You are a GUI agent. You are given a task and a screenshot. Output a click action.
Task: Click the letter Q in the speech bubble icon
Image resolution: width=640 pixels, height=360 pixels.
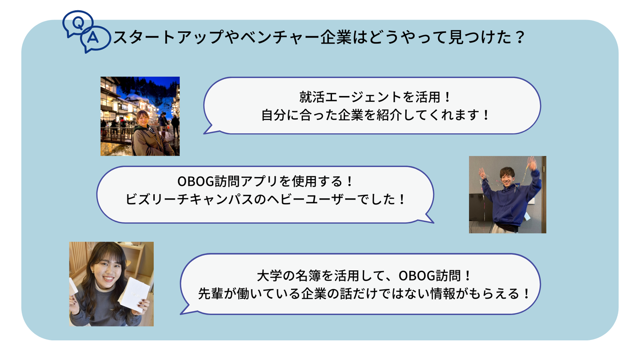pyautogui.click(x=78, y=23)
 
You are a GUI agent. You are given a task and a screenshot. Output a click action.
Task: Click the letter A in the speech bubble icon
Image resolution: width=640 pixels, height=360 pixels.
pyautogui.click(x=92, y=38)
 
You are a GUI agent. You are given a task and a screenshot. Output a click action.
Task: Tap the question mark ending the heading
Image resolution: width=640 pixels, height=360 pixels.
pyautogui.click(x=520, y=37)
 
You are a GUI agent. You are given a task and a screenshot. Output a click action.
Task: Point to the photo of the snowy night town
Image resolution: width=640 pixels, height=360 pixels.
pyautogui.click(x=140, y=116)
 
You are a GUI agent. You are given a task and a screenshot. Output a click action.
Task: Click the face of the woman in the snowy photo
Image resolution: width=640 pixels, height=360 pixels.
pyautogui.click(x=143, y=118)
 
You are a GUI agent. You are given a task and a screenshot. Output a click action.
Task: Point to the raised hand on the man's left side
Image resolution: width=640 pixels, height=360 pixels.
pyautogui.click(x=483, y=173)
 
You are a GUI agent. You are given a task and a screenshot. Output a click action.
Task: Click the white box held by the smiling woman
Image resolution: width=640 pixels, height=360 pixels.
pyautogui.click(x=134, y=294)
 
